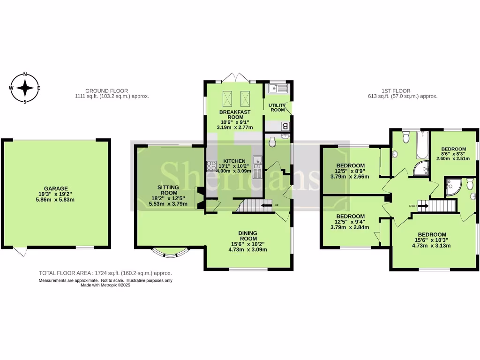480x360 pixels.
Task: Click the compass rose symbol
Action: coord(25,88)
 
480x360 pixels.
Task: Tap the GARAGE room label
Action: coord(56,193)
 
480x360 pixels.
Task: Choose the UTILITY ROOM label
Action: coord(277,107)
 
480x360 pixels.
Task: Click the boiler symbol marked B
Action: coord(285,126)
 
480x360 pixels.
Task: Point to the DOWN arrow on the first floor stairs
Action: coord(423,205)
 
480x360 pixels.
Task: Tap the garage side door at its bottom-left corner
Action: coord(19,252)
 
